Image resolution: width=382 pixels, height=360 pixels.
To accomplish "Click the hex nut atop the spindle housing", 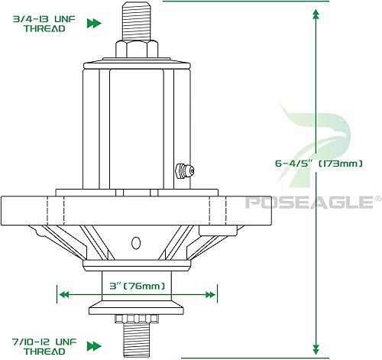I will point(137,50).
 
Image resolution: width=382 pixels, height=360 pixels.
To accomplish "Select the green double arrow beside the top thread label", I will point(94,24).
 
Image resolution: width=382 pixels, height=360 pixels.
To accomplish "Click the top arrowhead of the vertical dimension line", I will point(316,11).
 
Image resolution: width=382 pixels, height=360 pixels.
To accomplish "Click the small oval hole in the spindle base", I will point(137,243).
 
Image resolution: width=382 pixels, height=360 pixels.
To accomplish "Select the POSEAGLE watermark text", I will point(306,203).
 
